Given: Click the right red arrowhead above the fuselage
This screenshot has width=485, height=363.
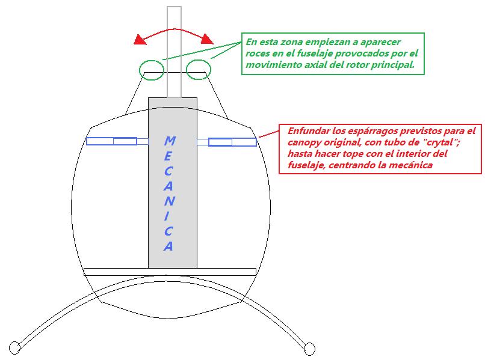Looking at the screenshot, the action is coord(207,39).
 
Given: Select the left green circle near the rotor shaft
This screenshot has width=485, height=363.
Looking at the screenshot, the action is coord(151,70).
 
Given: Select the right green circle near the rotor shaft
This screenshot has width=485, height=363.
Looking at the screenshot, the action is coord(199,70).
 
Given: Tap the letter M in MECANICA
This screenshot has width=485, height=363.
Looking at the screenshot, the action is coord(170,141).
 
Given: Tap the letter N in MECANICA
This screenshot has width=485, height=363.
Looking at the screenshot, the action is coord(169,201).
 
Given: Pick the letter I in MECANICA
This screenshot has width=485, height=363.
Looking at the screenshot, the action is coord(167,216).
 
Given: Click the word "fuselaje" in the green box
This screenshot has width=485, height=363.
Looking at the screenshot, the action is coord(315,53).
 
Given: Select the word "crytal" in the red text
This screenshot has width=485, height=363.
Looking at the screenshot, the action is coord(440,142).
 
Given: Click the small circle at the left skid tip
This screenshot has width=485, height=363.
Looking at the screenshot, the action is coord(14,348).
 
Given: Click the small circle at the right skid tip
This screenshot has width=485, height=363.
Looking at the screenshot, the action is coord(309,349).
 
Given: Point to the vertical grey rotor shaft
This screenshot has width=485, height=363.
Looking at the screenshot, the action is coord(174,52).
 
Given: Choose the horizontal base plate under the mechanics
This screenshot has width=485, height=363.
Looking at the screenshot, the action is coord(170,272).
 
